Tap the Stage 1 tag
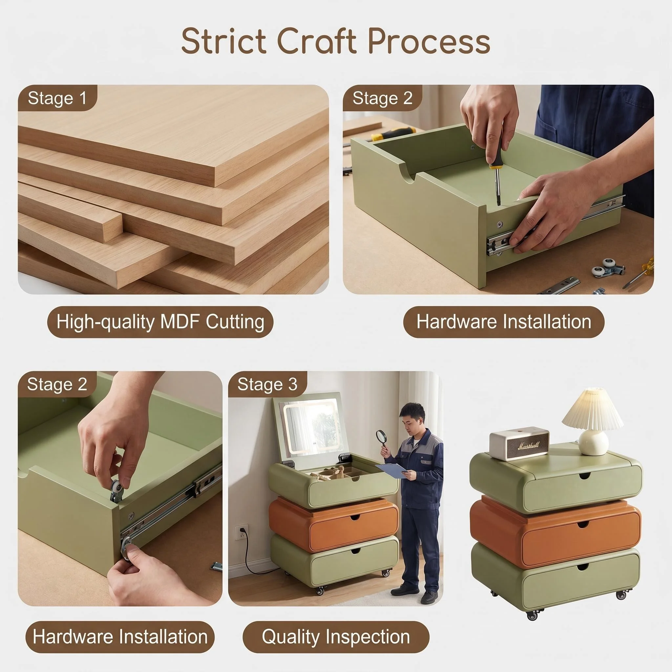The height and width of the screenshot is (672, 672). tap(57, 98)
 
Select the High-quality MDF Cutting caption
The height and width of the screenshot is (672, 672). tap(160, 322)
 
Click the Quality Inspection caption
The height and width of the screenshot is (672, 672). tap(336, 637)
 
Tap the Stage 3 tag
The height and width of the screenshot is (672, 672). tap(267, 384)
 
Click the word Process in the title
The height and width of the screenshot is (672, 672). tap(429, 42)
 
